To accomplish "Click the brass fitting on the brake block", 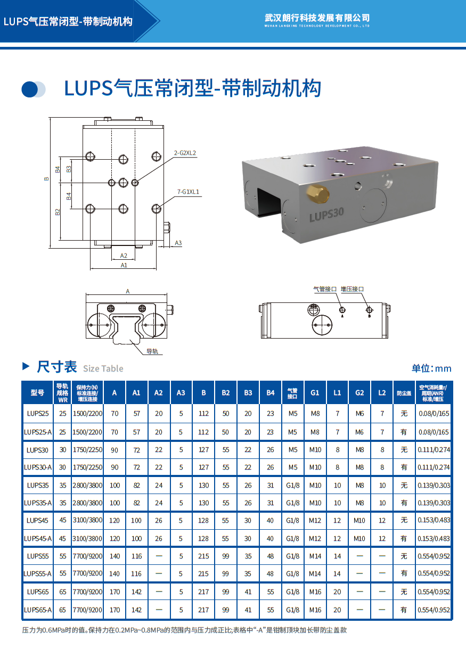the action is tap(318, 194).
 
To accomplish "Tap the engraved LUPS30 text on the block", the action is tap(326, 215).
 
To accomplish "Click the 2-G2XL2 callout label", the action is tap(185, 153).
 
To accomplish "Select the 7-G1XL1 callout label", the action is tap(189, 192).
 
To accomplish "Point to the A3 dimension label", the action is tap(178, 243).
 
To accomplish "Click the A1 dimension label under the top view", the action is tap(124, 265).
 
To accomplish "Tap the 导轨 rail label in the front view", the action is tap(152, 351).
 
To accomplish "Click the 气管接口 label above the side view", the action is tap(325, 289).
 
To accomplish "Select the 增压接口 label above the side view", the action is tap(352, 289).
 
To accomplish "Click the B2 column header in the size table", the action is tap(226, 392).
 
